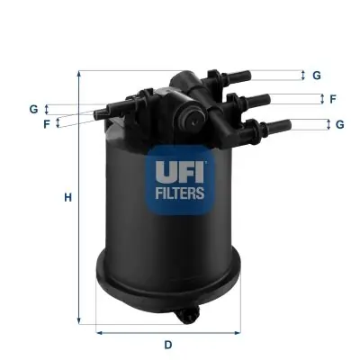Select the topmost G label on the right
pyautogui.click(x=317, y=76)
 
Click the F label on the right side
pyautogui.click(x=332, y=99)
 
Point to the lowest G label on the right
pyautogui.click(x=340, y=124)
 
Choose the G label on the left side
pyautogui.click(x=33, y=109)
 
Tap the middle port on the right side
pyautogui.click(x=256, y=100)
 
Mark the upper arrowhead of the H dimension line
pyautogui.click(x=80, y=75)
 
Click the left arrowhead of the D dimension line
pyautogui.click(x=98, y=331)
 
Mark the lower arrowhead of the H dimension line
pyautogui.click(x=80, y=319)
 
